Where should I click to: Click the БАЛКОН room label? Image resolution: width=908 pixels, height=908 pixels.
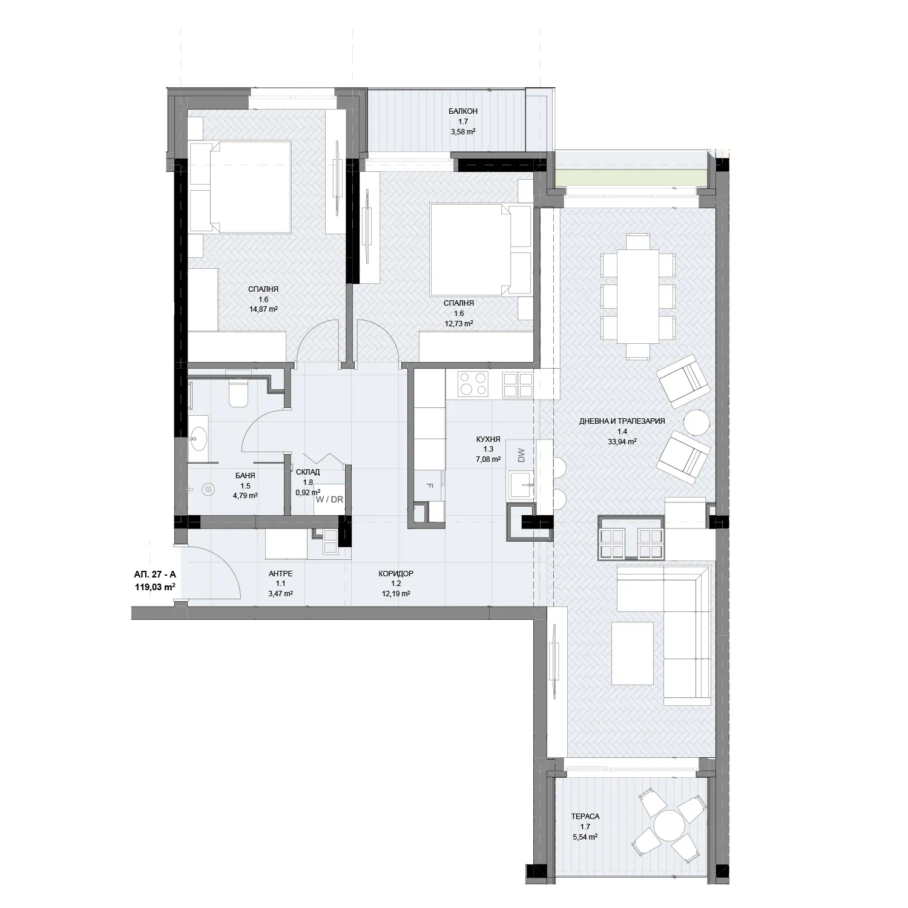click(463, 111)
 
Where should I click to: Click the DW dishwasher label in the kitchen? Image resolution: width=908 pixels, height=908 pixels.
click(521, 455)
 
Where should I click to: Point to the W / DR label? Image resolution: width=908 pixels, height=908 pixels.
click(327, 500)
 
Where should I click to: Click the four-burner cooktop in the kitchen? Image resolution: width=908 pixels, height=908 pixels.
click(473, 383)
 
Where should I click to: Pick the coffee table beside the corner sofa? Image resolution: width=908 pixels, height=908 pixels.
click(633, 653)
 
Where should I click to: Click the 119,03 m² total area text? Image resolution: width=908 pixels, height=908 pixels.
click(155, 587)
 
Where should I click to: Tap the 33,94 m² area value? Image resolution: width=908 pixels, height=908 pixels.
click(622, 441)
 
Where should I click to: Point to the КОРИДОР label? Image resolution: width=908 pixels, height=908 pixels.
click(396, 573)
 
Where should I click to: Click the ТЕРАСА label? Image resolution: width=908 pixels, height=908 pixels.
click(585, 817)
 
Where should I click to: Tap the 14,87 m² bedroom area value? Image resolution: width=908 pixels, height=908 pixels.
click(263, 309)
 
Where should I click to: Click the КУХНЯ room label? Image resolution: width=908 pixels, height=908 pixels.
click(488, 440)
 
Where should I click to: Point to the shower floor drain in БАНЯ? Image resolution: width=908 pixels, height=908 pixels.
click(208, 488)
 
